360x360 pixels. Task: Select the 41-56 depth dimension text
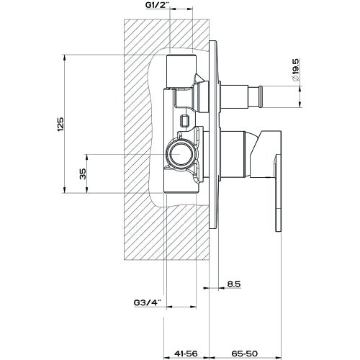coord(186,353)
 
